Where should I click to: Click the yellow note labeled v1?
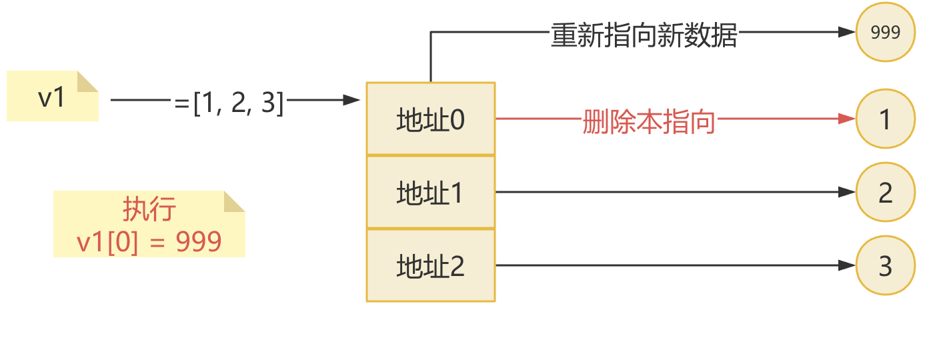point(52,97)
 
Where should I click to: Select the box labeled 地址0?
point(430,120)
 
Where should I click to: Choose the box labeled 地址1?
point(430,193)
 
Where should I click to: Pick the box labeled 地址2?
point(430,266)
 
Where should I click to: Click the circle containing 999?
point(886,33)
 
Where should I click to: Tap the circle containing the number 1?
point(886,120)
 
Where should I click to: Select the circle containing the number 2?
point(886,193)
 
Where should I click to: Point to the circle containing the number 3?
point(886,266)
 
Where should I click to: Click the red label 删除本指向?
point(648,121)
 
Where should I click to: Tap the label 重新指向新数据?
point(644,35)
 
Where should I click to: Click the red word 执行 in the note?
point(149,209)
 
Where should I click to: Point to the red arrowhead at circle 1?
point(848,119)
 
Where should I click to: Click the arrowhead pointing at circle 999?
point(848,32)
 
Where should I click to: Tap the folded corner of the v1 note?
point(87,81)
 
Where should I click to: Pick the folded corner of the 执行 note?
point(234,201)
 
